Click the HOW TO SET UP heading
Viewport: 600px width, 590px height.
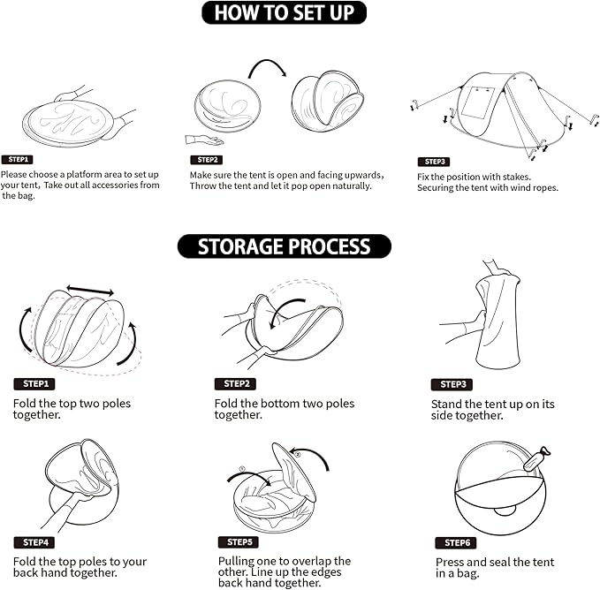coord(284,12)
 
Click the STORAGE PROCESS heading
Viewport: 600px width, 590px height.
coord(285,246)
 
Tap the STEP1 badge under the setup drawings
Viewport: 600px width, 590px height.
coord(17,160)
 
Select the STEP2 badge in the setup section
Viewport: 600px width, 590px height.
coord(207,160)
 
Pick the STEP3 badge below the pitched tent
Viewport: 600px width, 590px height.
coord(434,162)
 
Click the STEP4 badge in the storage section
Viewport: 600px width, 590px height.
coord(34,542)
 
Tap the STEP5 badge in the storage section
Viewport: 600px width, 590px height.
coord(239,541)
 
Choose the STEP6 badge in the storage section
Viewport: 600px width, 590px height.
coord(456,542)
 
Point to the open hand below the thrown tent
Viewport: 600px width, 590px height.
coord(203,140)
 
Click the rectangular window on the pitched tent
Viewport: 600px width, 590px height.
coord(477,102)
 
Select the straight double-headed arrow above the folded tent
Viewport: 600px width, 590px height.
coord(90,291)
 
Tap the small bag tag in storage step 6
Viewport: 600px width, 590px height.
coord(537,458)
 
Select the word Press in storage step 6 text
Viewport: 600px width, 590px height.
coord(450,562)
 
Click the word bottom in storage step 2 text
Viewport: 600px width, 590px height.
coord(281,404)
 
